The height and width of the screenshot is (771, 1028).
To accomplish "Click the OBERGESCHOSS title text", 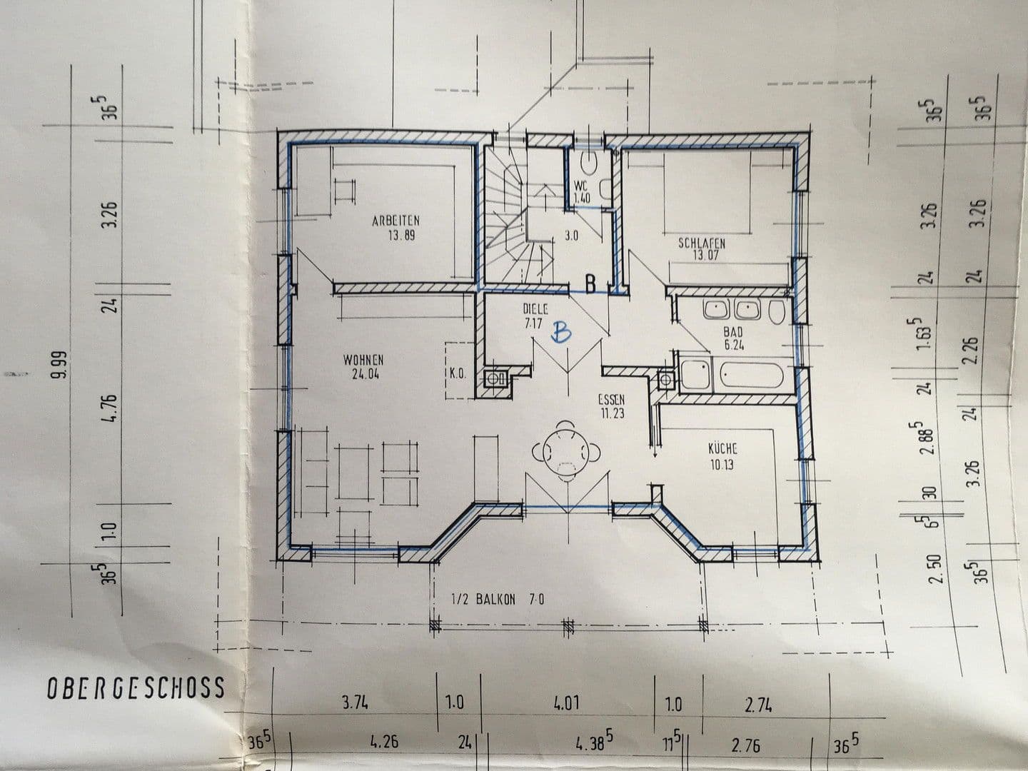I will [136, 687].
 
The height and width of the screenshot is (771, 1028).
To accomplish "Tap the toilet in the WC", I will [590, 163].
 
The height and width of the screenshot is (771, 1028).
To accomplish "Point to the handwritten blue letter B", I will [563, 332].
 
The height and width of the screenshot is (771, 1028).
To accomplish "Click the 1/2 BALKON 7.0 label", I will [498, 600].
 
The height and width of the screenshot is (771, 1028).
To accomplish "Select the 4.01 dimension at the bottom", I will [565, 703].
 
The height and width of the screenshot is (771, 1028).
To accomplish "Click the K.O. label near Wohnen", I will [458, 373].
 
